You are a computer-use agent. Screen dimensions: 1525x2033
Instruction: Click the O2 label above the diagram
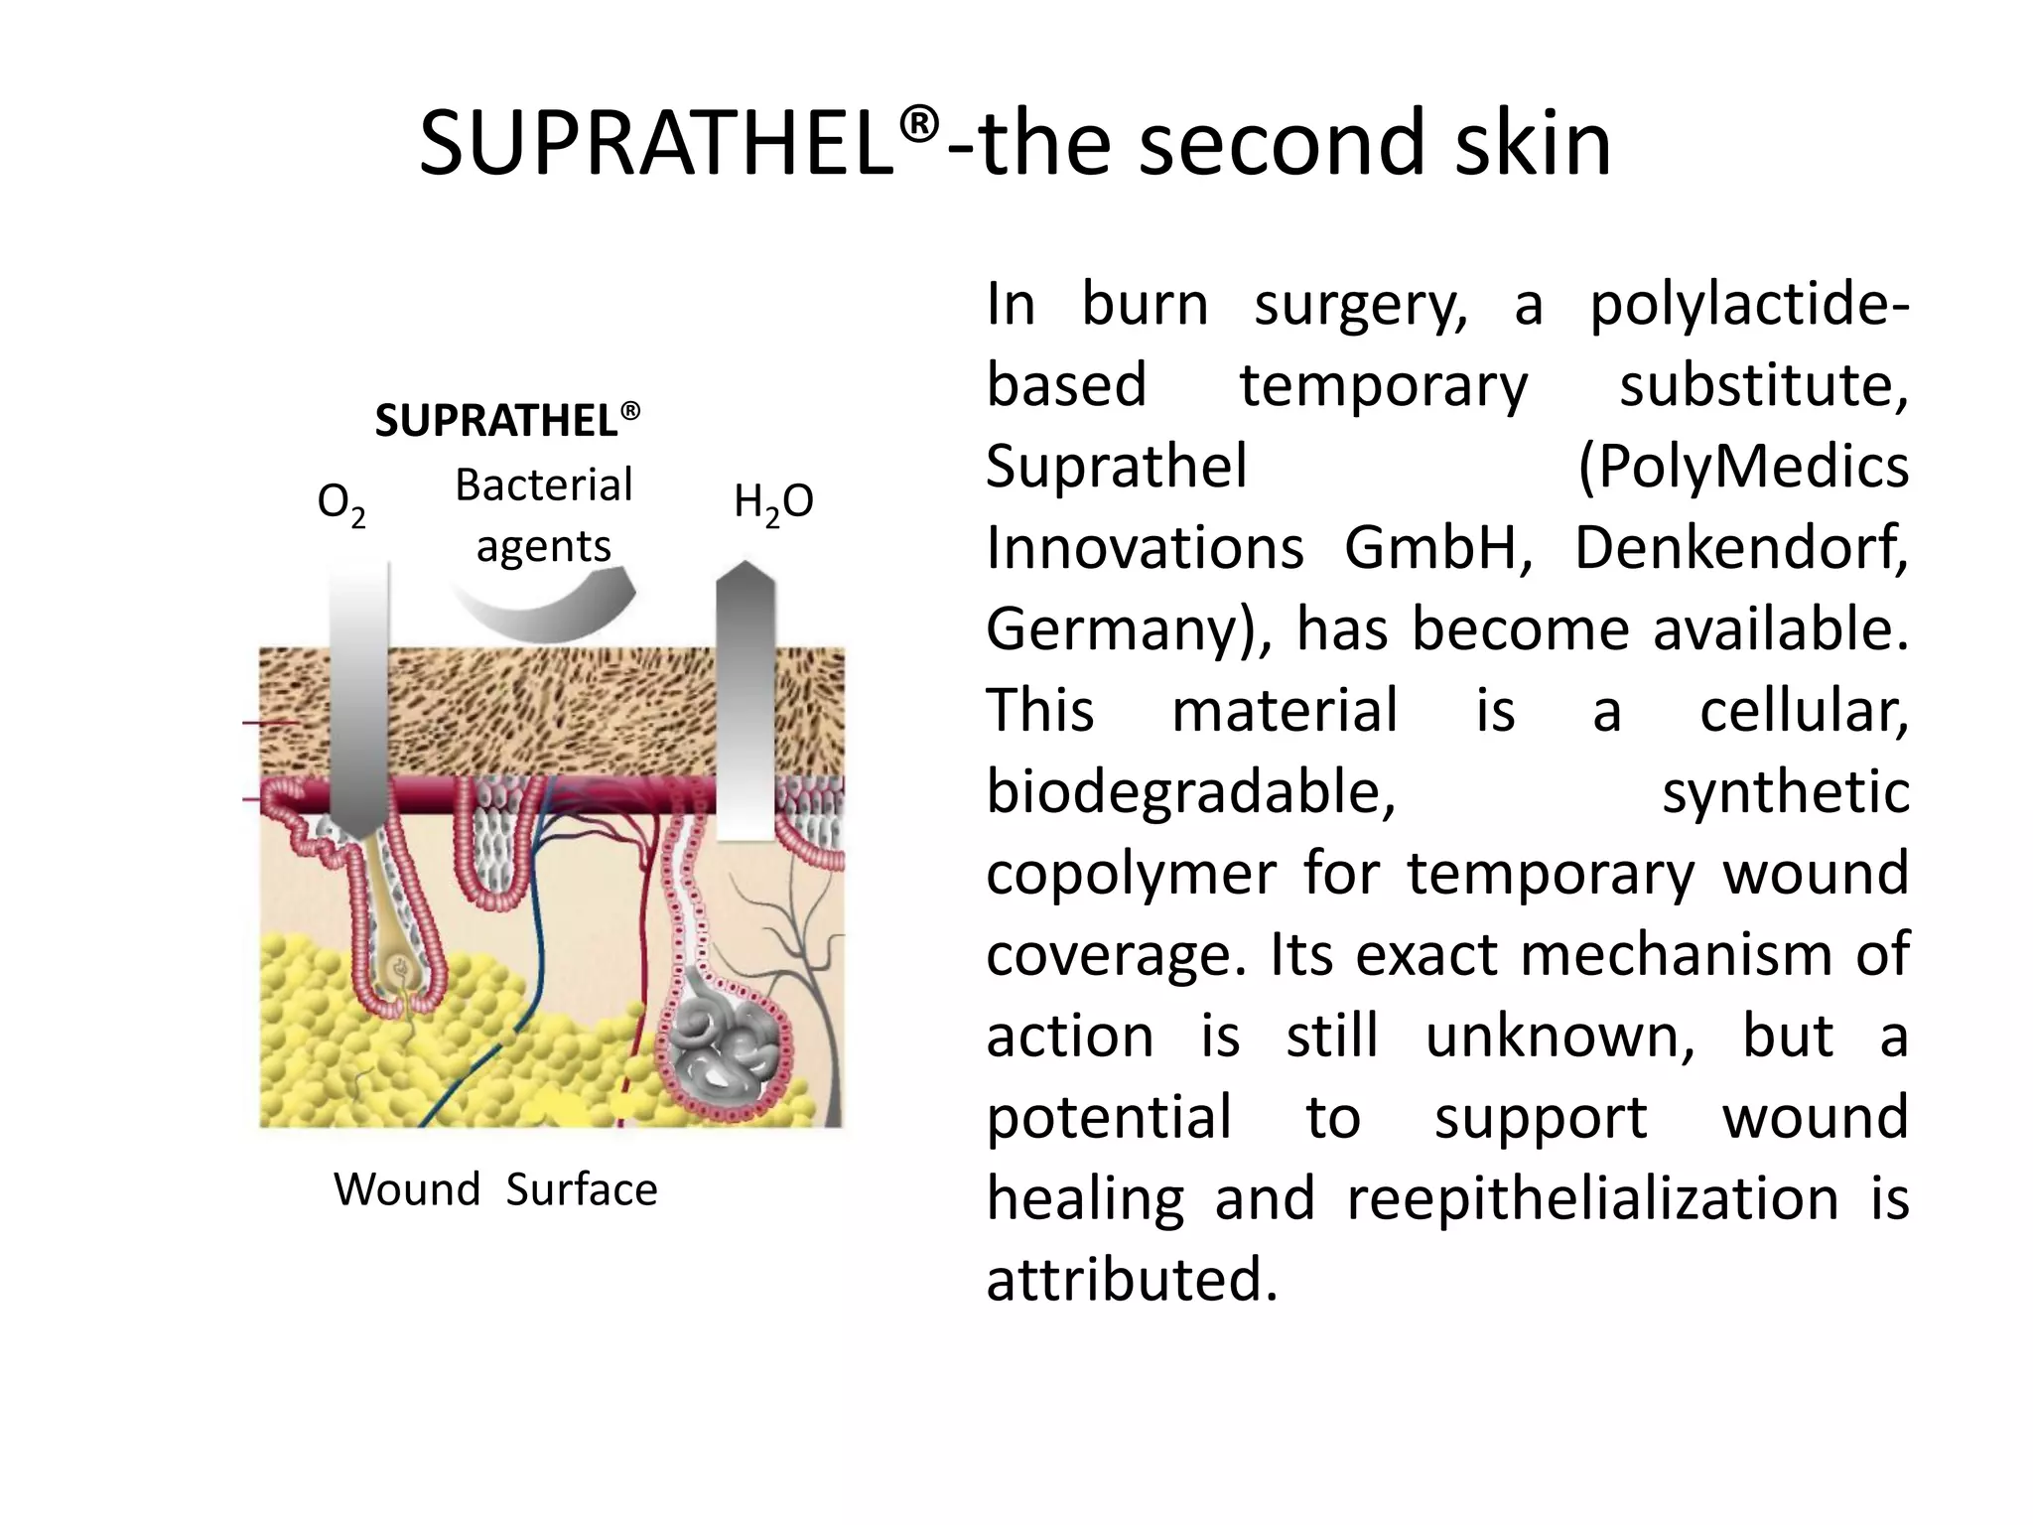tap(340, 504)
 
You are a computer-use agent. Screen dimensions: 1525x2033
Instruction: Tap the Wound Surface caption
tap(495, 1189)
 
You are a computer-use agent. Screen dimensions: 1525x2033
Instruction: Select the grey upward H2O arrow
tap(745, 695)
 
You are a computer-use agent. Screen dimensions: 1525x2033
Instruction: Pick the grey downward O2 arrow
tap(358, 695)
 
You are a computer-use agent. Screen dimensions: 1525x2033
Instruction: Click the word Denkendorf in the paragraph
tap(1740, 548)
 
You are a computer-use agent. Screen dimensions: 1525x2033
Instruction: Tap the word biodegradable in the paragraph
tap(1190, 792)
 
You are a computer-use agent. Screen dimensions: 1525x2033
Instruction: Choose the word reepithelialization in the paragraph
tap(1592, 1198)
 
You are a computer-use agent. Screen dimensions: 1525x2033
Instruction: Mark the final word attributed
tap(1131, 1280)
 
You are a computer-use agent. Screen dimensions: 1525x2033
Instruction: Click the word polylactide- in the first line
tap(1749, 304)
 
